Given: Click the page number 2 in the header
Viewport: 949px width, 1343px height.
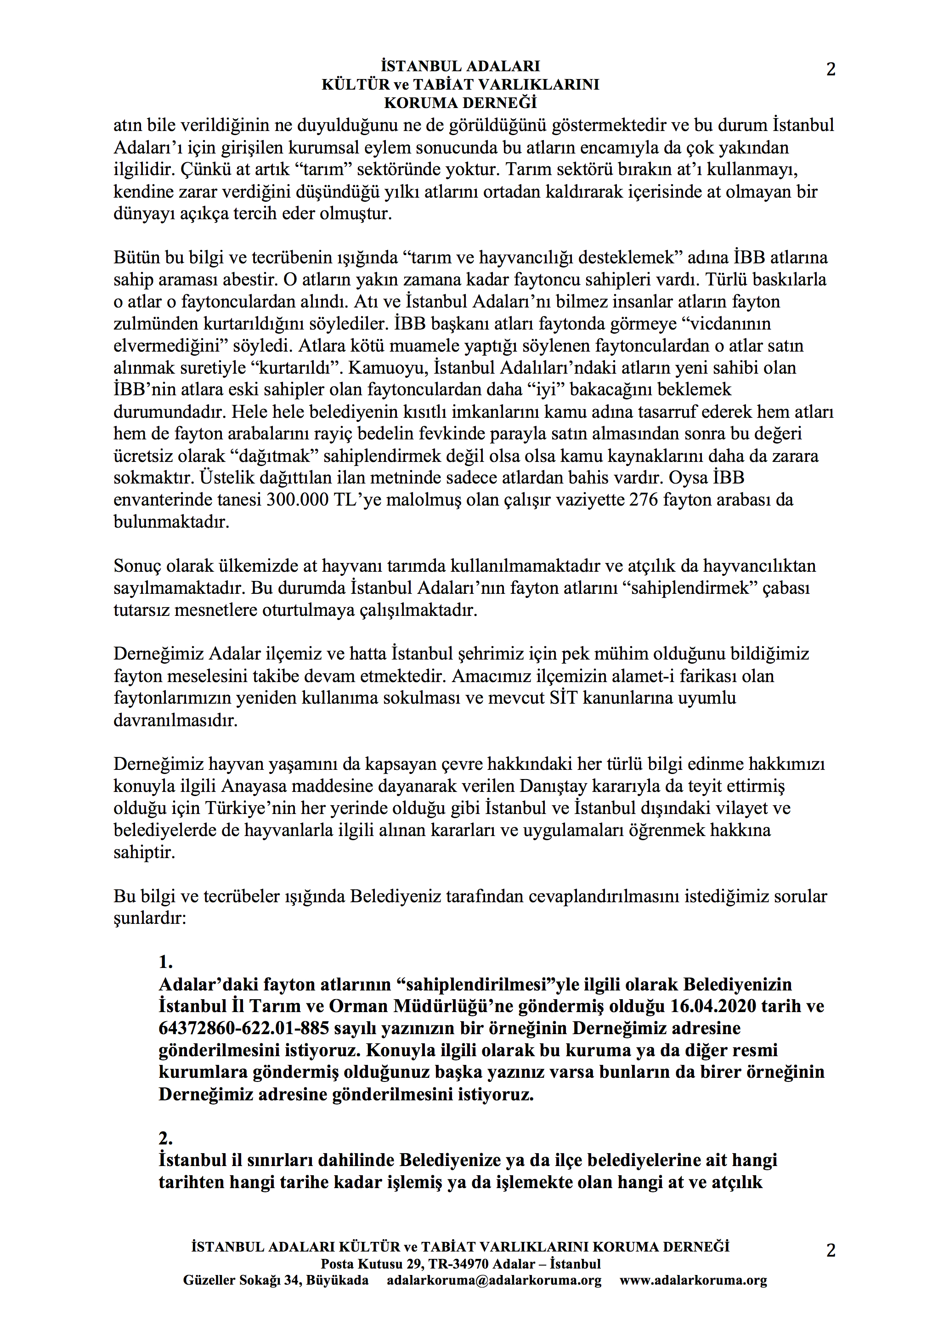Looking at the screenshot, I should (x=830, y=69).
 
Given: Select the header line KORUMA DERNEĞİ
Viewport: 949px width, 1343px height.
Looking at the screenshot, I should (x=460, y=103).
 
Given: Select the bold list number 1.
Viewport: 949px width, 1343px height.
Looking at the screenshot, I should (x=165, y=962).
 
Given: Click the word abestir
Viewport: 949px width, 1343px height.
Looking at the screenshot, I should (x=251, y=279).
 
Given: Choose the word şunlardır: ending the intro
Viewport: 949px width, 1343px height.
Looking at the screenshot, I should (x=150, y=918).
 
